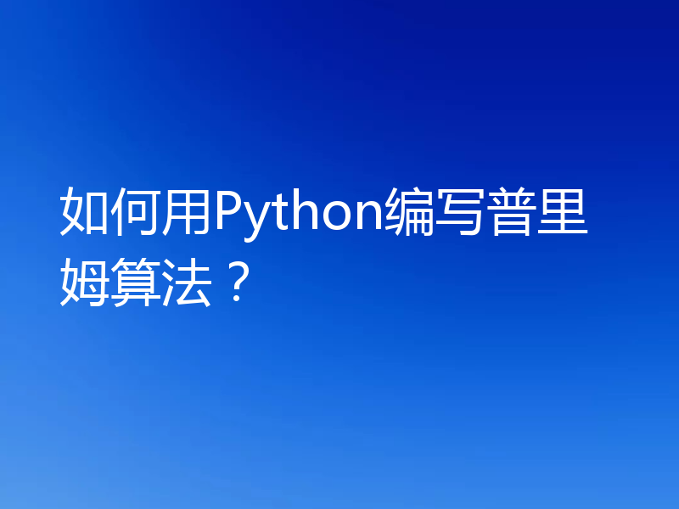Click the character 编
[x=409, y=215]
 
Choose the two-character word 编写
[x=435, y=215]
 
